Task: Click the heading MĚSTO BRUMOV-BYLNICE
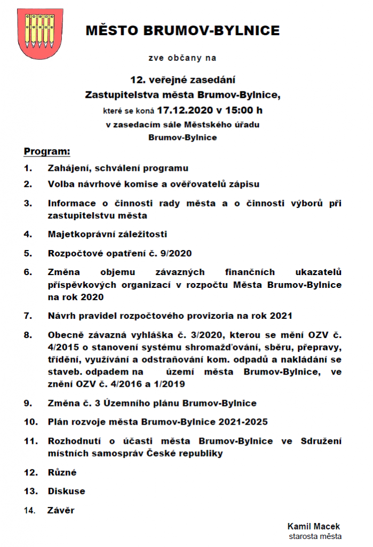click(x=182, y=30)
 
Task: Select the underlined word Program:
click(x=47, y=152)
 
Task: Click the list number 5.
click(x=28, y=253)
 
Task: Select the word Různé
click(x=62, y=472)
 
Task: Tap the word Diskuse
click(x=66, y=491)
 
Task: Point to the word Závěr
click(x=61, y=510)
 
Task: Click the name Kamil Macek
click(x=313, y=526)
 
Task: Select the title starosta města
click(x=315, y=536)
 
